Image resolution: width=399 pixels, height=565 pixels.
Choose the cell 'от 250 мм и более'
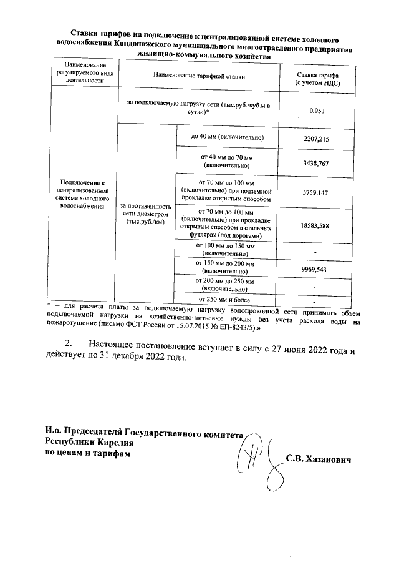226,301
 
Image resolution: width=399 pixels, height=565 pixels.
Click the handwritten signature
256,459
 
